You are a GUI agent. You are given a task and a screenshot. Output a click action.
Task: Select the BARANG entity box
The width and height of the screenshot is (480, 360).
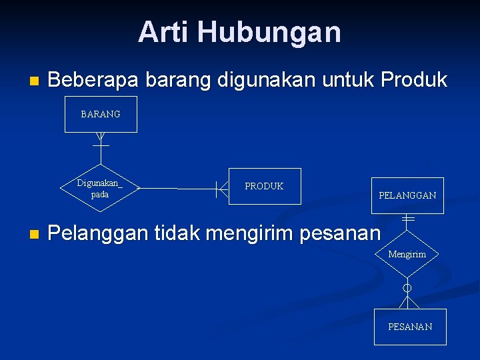[x=101, y=114]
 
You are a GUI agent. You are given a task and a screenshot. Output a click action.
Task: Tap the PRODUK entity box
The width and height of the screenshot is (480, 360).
[x=264, y=186]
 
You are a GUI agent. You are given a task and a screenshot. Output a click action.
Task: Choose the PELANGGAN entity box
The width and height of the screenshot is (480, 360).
[x=407, y=195]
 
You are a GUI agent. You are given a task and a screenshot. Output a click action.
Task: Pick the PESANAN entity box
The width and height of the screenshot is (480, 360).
[x=410, y=327]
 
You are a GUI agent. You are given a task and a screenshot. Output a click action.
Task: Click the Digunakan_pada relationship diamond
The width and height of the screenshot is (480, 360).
[x=100, y=188]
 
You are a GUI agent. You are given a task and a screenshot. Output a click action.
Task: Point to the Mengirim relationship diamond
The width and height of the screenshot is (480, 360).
[x=407, y=254]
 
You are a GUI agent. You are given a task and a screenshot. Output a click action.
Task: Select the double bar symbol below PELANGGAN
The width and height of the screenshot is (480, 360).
[x=408, y=219]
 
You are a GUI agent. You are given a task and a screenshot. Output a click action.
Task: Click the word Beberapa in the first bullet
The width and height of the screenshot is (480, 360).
[x=93, y=81]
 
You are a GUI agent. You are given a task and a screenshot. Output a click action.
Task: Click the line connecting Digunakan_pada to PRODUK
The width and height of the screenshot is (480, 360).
[x=177, y=189]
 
